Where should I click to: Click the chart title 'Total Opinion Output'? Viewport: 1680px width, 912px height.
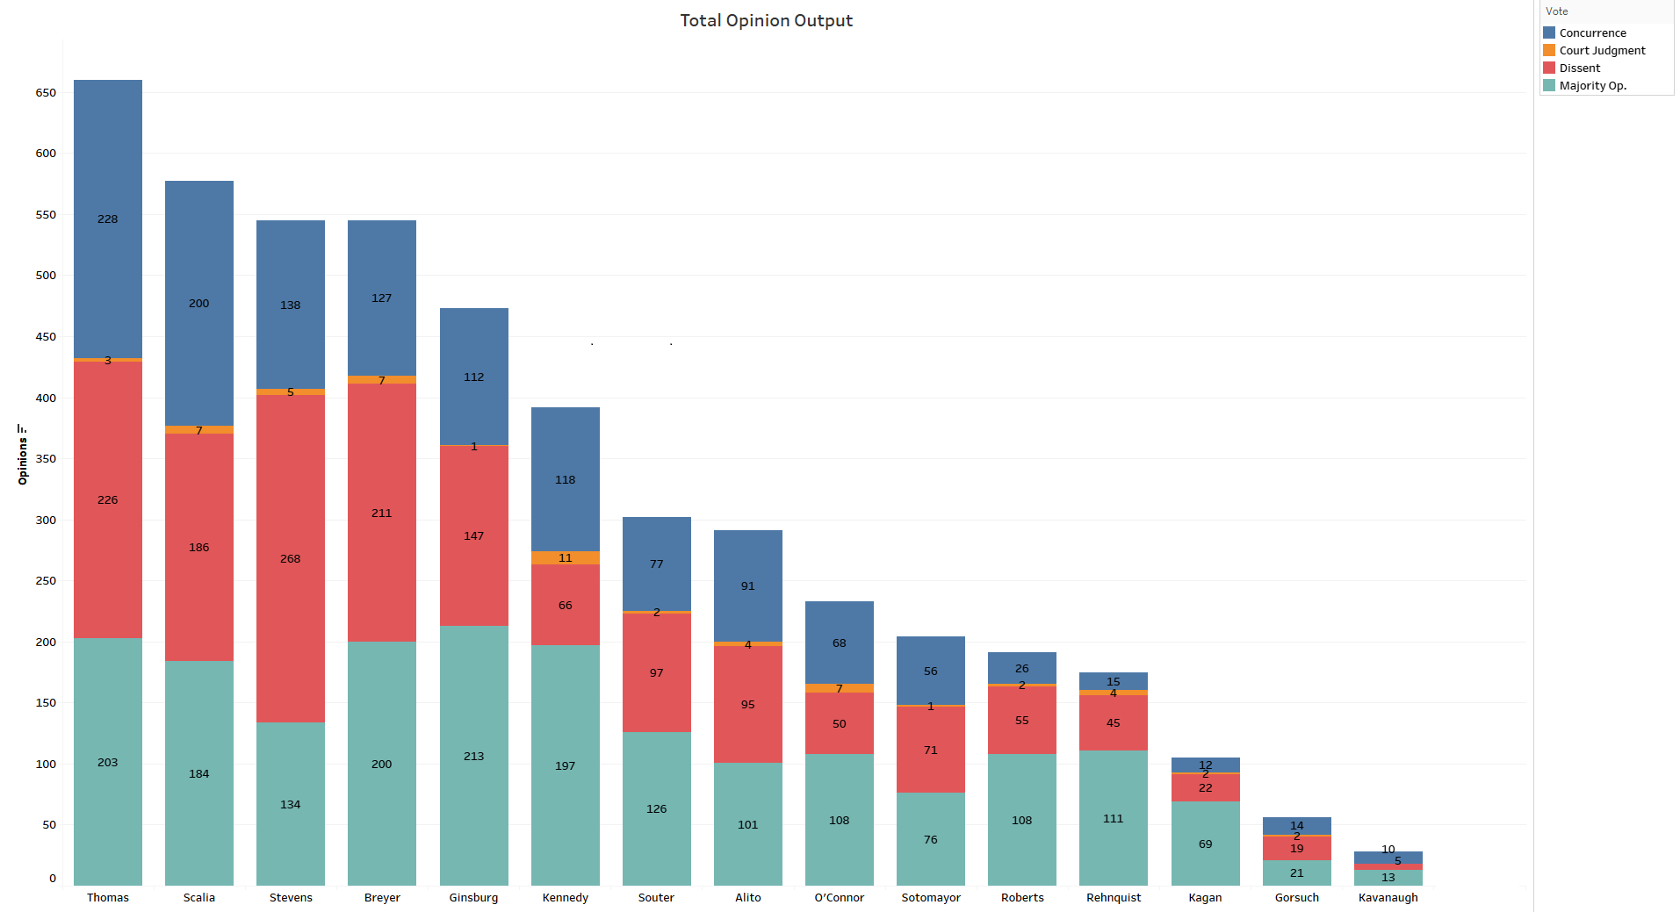766,20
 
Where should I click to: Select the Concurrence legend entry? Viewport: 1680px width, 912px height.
1591,32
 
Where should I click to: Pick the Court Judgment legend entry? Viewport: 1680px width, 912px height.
1601,50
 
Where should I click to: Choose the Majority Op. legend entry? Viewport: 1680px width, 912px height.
1591,85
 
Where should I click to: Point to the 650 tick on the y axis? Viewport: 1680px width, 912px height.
46,92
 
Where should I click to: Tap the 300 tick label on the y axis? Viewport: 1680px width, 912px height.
46,520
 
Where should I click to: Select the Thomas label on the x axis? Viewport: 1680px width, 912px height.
108,897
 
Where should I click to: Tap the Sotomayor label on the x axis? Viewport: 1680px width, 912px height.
931,897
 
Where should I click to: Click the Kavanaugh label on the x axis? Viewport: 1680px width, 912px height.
1388,897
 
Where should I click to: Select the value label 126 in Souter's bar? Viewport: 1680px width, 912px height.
657,808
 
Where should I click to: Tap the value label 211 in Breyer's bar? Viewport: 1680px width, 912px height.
382,513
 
